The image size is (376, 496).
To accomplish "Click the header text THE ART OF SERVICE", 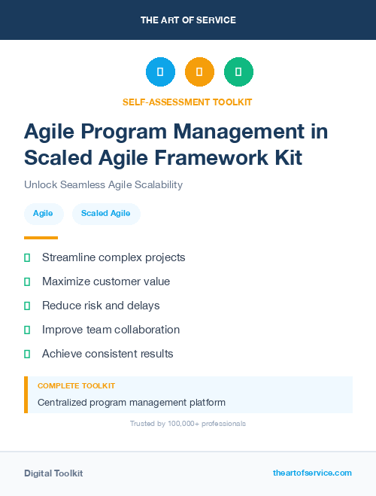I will pos(188,20).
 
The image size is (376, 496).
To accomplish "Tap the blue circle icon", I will pos(160,72).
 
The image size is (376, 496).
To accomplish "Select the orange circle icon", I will pos(199,72).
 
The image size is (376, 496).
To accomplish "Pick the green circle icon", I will pos(238,72).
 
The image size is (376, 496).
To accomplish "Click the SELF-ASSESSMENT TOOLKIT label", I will pos(188,102).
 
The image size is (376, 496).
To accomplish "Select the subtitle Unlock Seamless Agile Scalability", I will pos(103,184).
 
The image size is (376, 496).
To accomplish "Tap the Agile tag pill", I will pos(43,214).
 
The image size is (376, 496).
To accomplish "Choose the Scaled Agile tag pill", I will pos(106,214).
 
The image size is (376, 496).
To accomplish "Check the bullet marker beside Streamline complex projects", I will pos(27,257).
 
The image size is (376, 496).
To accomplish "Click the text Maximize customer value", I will pos(106,281).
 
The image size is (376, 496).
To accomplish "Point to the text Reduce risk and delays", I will pos(101,306).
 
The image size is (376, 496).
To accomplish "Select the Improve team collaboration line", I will pos(111,330).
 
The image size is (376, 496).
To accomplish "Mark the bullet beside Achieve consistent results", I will pos(27,354).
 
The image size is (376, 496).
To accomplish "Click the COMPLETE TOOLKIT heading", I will pos(76,385).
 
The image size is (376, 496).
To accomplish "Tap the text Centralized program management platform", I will pos(132,403).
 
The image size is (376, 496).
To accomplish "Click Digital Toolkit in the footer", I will pos(53,473).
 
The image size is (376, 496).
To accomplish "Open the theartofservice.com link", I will pos(312,473).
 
